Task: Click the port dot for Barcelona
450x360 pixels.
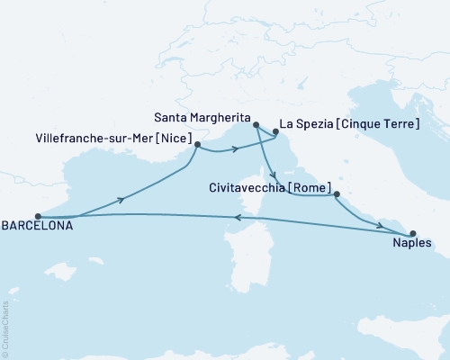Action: click(37, 216)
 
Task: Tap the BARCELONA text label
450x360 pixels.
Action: click(36, 228)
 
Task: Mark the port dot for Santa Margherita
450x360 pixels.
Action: click(256, 125)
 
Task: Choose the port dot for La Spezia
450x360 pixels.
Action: click(275, 135)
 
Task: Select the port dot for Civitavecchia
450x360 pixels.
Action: click(336, 194)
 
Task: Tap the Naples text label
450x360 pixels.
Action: click(413, 243)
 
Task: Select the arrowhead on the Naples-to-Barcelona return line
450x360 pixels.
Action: click(237, 216)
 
